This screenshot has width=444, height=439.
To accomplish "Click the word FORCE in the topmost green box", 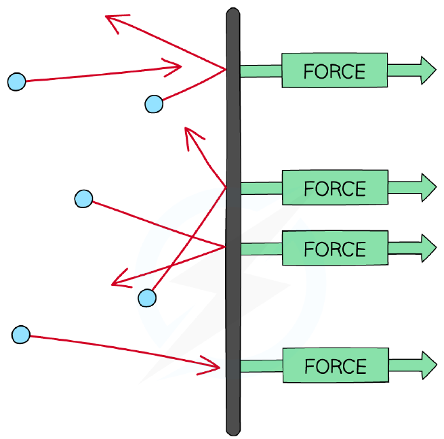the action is (334, 71).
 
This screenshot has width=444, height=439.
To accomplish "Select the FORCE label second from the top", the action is (335, 188).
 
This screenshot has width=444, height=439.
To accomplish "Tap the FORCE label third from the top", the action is (335, 249).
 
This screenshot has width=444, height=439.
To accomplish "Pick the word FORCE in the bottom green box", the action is (336, 367).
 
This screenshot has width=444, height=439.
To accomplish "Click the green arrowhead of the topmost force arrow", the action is (428, 70).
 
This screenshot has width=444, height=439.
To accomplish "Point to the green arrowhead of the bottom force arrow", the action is (428, 365).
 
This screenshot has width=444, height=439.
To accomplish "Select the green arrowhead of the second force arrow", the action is (428, 188).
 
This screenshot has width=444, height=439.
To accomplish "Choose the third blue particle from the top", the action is (83, 198).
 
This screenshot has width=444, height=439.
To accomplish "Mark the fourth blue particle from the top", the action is (147, 298).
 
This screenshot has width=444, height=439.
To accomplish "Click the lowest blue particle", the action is (20, 335).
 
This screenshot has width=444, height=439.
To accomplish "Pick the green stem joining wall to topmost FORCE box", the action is (261, 70).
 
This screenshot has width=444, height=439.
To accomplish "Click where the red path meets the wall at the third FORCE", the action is (226, 247).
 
